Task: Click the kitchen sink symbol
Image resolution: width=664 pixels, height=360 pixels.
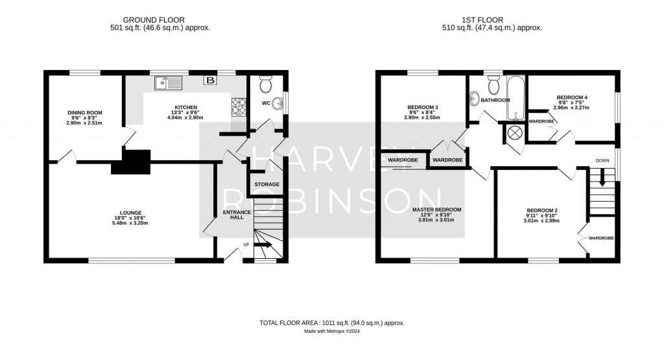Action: click(x=169, y=82)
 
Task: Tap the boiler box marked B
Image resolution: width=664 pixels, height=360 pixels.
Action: click(x=210, y=80)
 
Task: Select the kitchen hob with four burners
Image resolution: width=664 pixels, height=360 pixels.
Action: click(x=239, y=105)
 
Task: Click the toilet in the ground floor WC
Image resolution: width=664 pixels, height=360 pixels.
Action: click(x=265, y=85)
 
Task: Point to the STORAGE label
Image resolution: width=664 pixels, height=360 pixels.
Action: click(x=267, y=185)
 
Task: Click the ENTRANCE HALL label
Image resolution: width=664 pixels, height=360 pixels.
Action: click(x=233, y=214)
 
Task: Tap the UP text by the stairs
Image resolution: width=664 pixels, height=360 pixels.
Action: click(x=246, y=245)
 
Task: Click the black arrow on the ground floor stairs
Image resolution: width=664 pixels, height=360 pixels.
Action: click(x=264, y=245)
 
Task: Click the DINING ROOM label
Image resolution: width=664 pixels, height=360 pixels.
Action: click(x=84, y=113)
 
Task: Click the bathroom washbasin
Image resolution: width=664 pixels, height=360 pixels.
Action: click(x=474, y=99)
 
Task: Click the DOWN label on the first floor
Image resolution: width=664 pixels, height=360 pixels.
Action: click(x=602, y=160)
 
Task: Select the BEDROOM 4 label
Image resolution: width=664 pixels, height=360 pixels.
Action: click(x=570, y=97)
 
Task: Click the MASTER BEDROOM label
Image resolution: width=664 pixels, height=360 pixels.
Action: click(x=436, y=210)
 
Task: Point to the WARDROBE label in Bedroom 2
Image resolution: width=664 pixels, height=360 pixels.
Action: click(x=601, y=238)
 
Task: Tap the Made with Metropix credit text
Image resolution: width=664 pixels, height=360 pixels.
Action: click(x=331, y=331)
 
